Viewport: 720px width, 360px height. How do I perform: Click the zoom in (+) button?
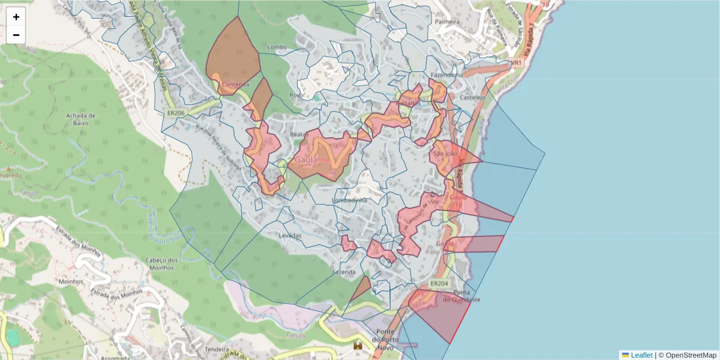tap(16, 17)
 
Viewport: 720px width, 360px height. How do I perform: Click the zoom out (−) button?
tap(16, 35)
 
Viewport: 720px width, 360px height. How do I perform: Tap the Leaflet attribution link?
tap(641, 355)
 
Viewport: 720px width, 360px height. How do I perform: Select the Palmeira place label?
tap(448, 22)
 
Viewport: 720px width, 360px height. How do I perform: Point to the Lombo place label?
tap(277, 47)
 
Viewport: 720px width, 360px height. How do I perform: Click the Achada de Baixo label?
tap(81, 119)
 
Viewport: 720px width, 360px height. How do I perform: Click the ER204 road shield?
tap(439, 283)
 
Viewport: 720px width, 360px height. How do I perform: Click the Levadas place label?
tap(290, 236)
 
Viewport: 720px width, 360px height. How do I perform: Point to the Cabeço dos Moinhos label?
tap(160, 264)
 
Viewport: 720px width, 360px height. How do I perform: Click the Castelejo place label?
tap(472, 97)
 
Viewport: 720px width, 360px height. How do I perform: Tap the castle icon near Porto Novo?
tap(359, 346)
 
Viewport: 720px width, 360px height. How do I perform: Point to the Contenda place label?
tap(235, 85)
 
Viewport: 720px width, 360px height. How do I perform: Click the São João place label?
tap(446, 154)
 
